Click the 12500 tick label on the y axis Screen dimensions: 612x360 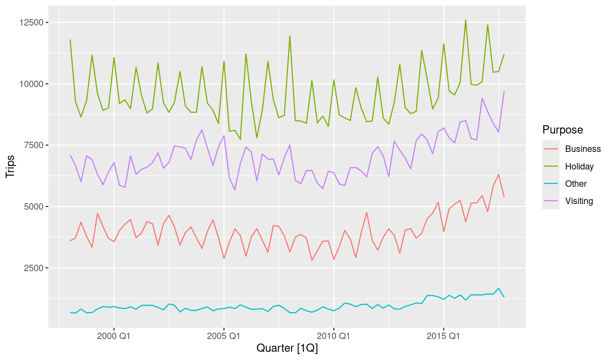click(31, 22)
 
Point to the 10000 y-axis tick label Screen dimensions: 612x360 click(31, 84)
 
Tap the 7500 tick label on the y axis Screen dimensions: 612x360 click(34, 145)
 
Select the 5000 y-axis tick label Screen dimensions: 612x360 click(34, 207)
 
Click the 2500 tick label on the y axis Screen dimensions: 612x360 click(34, 268)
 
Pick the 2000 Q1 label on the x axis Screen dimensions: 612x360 click(114, 336)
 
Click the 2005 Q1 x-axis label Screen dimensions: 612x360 click(223, 336)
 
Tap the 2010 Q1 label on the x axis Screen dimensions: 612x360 click(333, 336)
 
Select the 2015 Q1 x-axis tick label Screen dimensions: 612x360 click(443, 336)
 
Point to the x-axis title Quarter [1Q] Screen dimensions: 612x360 click(287, 348)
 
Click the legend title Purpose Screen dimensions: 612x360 click(562, 130)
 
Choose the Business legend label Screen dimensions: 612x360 click(583, 149)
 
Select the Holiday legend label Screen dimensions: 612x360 click(579, 166)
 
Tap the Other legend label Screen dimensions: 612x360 click(576, 183)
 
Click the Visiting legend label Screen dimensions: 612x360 click(579, 201)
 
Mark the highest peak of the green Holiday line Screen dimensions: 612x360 click(465, 20)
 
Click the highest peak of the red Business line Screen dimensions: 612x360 click(499, 174)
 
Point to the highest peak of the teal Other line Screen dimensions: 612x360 click(499, 288)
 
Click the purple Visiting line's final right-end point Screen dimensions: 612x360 click(504, 91)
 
